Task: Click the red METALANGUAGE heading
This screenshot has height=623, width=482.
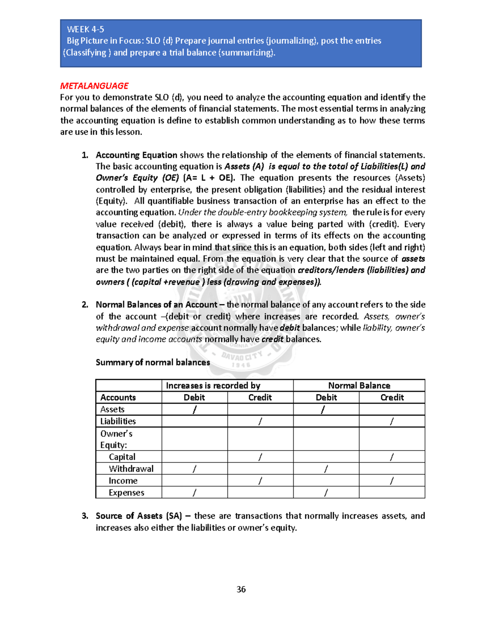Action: (94, 86)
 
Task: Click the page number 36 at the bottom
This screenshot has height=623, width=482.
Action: (241, 589)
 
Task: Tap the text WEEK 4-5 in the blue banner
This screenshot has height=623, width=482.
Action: (85, 29)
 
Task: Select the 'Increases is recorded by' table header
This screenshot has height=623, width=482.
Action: (213, 386)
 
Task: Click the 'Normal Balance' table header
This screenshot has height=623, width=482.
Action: (359, 386)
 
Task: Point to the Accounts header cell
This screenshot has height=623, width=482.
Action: (118, 398)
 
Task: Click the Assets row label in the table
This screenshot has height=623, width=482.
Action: (112, 410)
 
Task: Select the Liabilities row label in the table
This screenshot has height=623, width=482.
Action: (118, 421)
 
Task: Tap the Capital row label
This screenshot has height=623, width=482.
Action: (122, 457)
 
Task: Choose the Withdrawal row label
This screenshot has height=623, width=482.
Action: (131, 469)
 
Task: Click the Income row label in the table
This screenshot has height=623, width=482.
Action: (123, 481)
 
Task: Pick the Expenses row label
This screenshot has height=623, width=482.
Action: (126, 493)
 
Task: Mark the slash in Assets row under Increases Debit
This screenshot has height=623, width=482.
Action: (195, 410)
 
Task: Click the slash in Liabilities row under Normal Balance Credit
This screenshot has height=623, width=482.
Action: (392, 421)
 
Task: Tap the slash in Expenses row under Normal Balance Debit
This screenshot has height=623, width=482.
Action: (326, 493)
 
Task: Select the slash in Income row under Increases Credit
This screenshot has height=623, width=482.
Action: (260, 481)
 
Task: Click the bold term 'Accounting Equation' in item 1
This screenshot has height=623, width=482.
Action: (136, 155)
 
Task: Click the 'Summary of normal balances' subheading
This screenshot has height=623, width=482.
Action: (153, 363)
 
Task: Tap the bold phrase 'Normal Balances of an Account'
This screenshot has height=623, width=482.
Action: (156, 305)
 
